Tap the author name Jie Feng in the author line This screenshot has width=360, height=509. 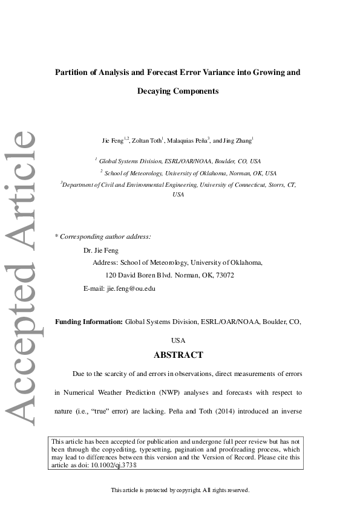113,140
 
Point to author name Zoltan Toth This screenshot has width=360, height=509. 146,140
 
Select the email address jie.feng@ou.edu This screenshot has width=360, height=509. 131,288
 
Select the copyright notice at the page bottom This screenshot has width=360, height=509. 180,490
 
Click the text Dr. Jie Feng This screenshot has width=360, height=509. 100,250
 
